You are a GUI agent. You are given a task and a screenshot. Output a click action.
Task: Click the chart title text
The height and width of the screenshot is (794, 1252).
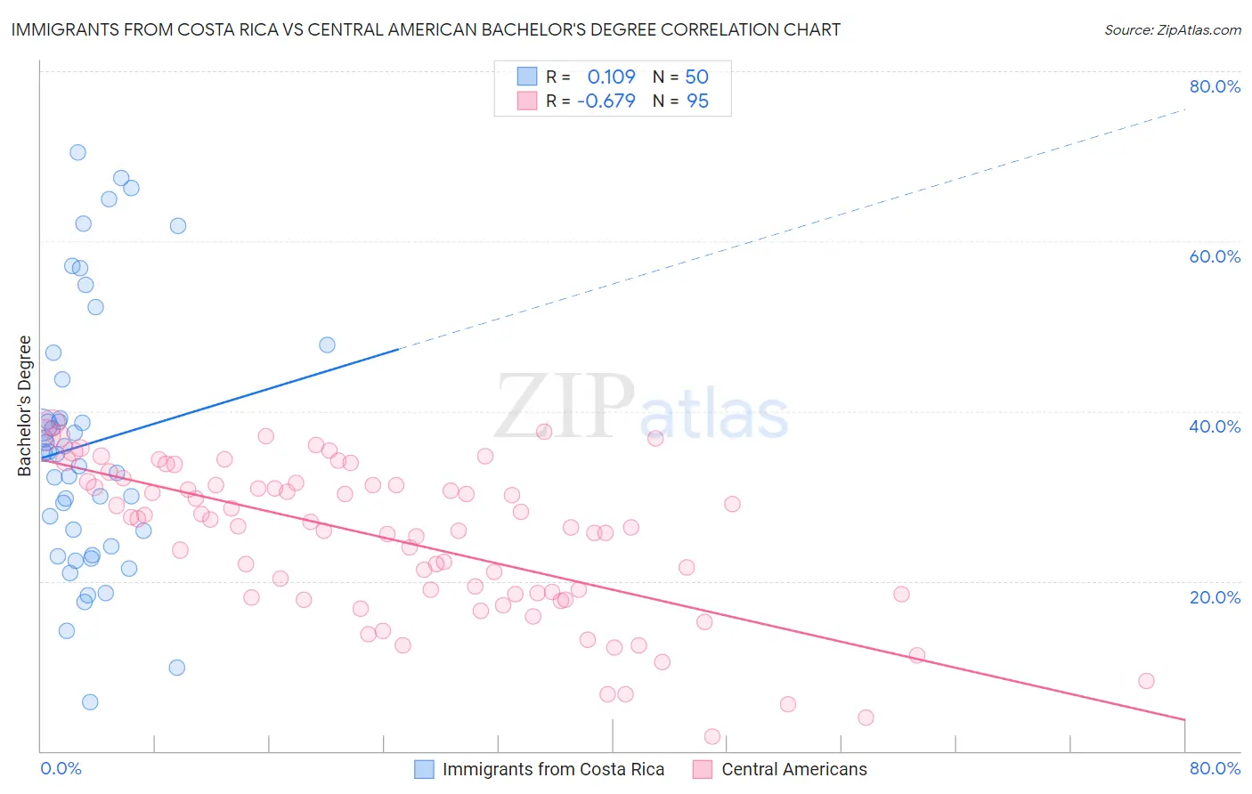pyautogui.click(x=426, y=29)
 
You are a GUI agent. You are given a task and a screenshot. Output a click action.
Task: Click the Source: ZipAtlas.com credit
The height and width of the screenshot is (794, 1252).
pyautogui.click(x=1172, y=30)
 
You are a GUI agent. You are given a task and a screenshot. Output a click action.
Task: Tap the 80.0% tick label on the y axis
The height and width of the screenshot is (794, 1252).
pyautogui.click(x=1215, y=86)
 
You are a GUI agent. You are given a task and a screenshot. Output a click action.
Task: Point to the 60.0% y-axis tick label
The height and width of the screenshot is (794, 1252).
pyautogui.click(x=1215, y=256)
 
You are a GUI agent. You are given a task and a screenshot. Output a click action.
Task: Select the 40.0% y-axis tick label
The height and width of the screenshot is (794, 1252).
pyautogui.click(x=1215, y=426)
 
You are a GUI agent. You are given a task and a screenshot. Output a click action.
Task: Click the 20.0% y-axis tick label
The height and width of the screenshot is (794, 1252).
pyautogui.click(x=1215, y=597)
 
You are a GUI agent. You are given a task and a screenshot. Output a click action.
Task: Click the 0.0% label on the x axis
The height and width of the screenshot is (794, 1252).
pyautogui.click(x=61, y=768)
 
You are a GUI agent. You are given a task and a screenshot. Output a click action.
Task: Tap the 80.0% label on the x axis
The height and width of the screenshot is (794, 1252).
pyautogui.click(x=1215, y=768)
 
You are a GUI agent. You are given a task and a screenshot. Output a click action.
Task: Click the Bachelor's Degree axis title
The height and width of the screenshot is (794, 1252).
pyautogui.click(x=25, y=406)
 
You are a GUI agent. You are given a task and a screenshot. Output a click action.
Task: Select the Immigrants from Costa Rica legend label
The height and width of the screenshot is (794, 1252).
pyautogui.click(x=553, y=769)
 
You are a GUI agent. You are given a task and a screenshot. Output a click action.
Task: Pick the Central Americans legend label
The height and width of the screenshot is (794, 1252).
pyautogui.click(x=794, y=769)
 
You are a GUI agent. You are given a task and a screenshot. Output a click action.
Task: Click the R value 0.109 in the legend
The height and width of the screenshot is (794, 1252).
pyautogui.click(x=611, y=77)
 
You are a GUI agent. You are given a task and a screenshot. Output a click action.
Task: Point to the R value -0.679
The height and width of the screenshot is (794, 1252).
pyautogui.click(x=606, y=101)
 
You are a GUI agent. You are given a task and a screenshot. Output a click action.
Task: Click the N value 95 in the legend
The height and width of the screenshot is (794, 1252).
pyautogui.click(x=697, y=101)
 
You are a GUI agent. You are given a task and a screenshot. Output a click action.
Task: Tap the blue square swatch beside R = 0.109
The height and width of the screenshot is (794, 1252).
pyautogui.click(x=527, y=77)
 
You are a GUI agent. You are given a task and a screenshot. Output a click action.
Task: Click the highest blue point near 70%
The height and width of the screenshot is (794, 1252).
pyautogui.click(x=77, y=152)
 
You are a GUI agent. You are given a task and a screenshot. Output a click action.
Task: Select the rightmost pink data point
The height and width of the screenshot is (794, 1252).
pyautogui.click(x=1146, y=681)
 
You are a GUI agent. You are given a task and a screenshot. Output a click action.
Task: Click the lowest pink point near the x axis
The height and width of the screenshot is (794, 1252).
pyautogui.click(x=712, y=736)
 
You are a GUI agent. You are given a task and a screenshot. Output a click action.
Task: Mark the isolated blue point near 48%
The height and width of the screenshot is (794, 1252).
pyautogui.click(x=327, y=344)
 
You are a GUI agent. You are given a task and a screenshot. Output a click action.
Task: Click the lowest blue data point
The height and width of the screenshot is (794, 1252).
pyautogui.click(x=90, y=702)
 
